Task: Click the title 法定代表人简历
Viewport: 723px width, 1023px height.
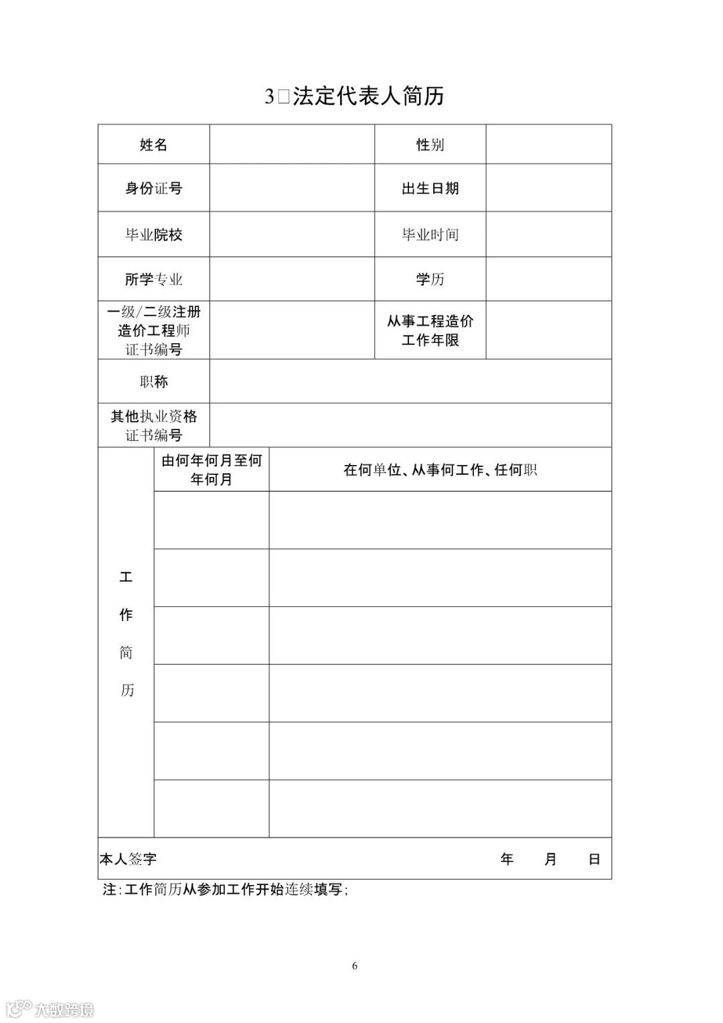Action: click(368, 96)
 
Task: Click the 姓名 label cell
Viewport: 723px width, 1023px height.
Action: click(153, 145)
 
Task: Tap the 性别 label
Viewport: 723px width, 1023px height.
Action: click(430, 145)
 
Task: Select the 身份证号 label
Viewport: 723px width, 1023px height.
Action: click(153, 188)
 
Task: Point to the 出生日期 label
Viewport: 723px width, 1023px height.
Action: click(430, 188)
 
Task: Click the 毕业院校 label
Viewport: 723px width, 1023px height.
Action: click(153, 234)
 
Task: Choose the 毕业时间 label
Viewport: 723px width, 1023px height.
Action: click(430, 234)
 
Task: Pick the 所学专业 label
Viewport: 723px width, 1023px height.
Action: click(153, 279)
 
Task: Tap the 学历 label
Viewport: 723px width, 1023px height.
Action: click(430, 279)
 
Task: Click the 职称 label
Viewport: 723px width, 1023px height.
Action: click(153, 381)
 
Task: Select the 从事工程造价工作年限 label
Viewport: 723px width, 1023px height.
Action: click(430, 330)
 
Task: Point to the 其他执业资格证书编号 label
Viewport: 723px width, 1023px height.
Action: click(153, 425)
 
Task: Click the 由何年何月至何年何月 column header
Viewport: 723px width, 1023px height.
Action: click(212, 470)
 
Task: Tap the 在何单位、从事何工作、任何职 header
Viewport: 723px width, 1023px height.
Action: click(440, 470)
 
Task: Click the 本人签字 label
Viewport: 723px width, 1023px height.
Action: click(128, 859)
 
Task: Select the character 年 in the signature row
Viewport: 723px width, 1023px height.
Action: click(507, 859)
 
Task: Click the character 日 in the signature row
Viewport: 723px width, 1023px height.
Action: click(594, 859)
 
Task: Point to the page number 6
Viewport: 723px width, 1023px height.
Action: click(355, 965)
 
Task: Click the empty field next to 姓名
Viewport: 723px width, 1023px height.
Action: click(291, 145)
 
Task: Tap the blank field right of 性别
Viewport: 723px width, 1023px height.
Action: click(548, 145)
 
